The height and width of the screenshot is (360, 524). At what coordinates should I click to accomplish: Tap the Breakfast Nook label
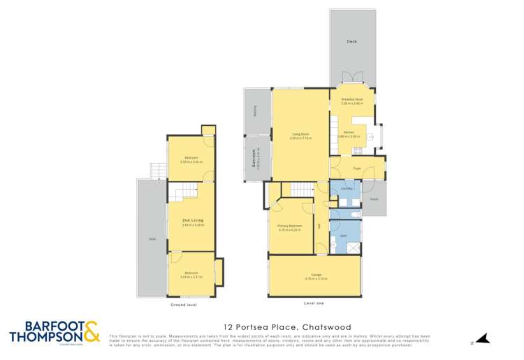click(x=352, y=100)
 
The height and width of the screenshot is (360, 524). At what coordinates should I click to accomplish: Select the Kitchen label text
click(x=349, y=132)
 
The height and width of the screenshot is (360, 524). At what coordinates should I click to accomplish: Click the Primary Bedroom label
click(x=289, y=227)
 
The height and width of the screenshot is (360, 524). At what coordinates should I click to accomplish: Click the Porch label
click(x=374, y=199)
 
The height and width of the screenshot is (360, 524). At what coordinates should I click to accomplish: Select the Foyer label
click(x=356, y=168)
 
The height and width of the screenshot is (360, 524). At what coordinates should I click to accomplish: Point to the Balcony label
click(x=255, y=110)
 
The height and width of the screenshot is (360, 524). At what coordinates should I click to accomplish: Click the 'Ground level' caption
click(x=184, y=305)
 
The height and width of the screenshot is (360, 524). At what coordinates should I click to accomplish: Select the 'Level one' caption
click(x=314, y=303)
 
